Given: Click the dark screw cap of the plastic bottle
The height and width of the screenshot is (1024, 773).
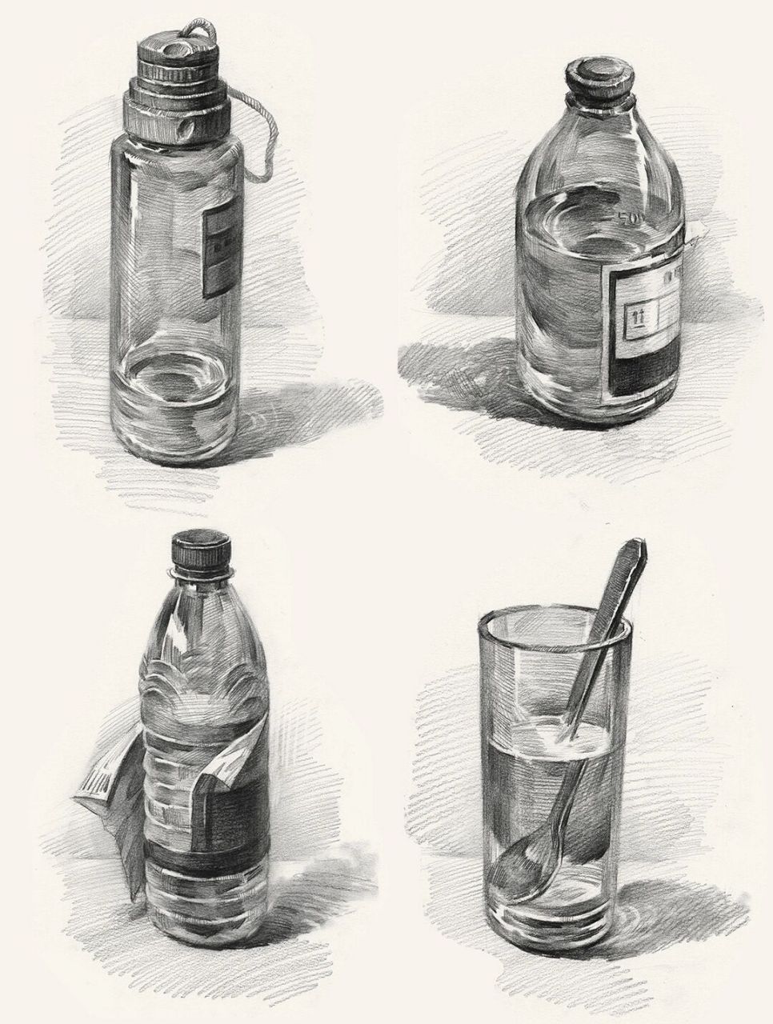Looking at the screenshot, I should (201, 551).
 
